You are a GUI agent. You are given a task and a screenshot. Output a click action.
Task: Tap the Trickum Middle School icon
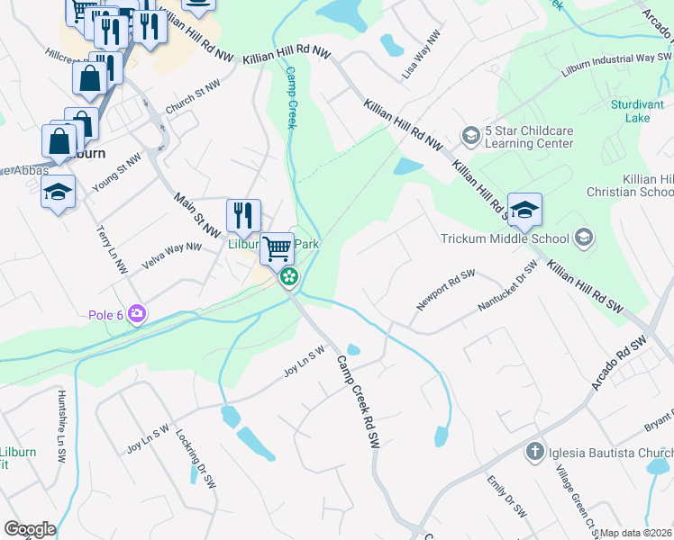tap(583, 238)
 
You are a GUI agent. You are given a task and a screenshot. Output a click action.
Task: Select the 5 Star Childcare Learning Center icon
tap(470, 136)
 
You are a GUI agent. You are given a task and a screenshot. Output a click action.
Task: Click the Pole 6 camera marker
tap(137, 314)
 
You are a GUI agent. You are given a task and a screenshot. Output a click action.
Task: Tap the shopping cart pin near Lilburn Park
tap(278, 247)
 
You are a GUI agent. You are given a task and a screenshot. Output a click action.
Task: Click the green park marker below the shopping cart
tap(289, 276)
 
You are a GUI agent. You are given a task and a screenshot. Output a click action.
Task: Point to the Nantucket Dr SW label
tap(507, 286)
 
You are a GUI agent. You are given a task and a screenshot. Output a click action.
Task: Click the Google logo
tap(30, 529)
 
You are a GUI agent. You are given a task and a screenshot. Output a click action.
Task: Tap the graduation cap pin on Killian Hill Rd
tap(524, 211)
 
